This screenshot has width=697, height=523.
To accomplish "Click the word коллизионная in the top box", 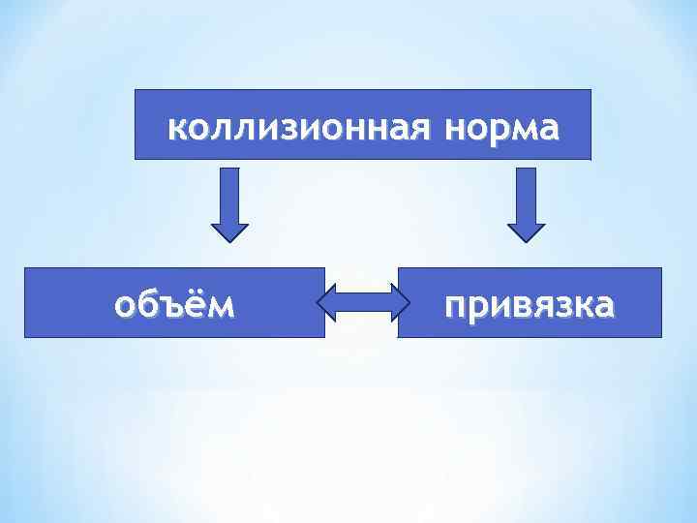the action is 295,127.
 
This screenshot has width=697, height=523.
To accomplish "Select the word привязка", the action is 529,305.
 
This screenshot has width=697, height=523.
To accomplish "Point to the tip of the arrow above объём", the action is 229,239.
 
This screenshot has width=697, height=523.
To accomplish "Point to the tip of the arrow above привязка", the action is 526,239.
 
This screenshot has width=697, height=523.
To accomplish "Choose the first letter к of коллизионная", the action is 175,127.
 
